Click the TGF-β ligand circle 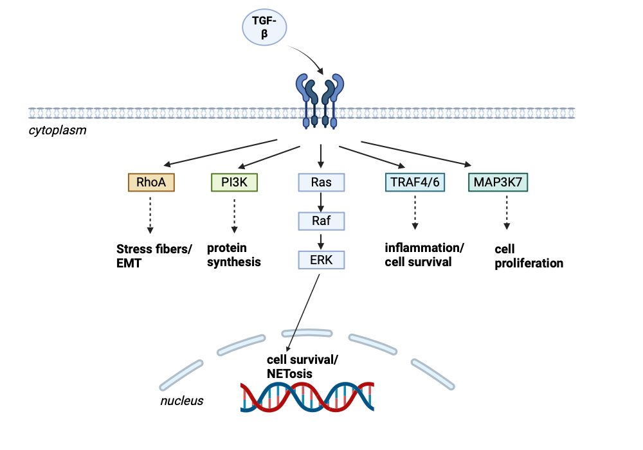[x=264, y=28]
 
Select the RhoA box [x=151, y=183]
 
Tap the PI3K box [x=234, y=183]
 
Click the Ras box [x=321, y=183]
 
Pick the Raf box [x=321, y=221]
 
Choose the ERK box [x=321, y=260]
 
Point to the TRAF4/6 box [x=415, y=183]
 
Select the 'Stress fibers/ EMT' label [x=154, y=255]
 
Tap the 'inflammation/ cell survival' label [x=424, y=255]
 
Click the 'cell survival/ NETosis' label [x=303, y=366]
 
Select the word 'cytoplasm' [x=58, y=130]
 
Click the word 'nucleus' [x=181, y=401]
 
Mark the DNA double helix [x=307, y=397]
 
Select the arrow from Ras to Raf [x=321, y=202]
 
